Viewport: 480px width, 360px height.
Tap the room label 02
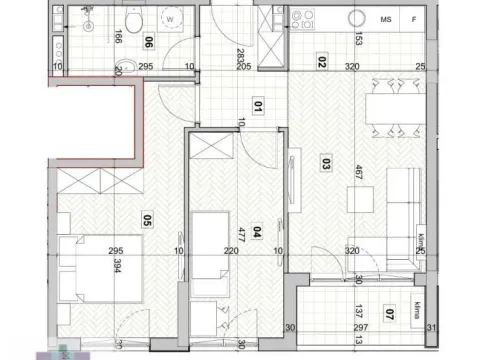[x=322, y=60]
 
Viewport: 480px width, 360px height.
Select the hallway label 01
[x=257, y=103]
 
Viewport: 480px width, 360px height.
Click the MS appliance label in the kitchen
[x=385, y=18]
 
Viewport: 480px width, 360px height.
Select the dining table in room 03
[x=393, y=106]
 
